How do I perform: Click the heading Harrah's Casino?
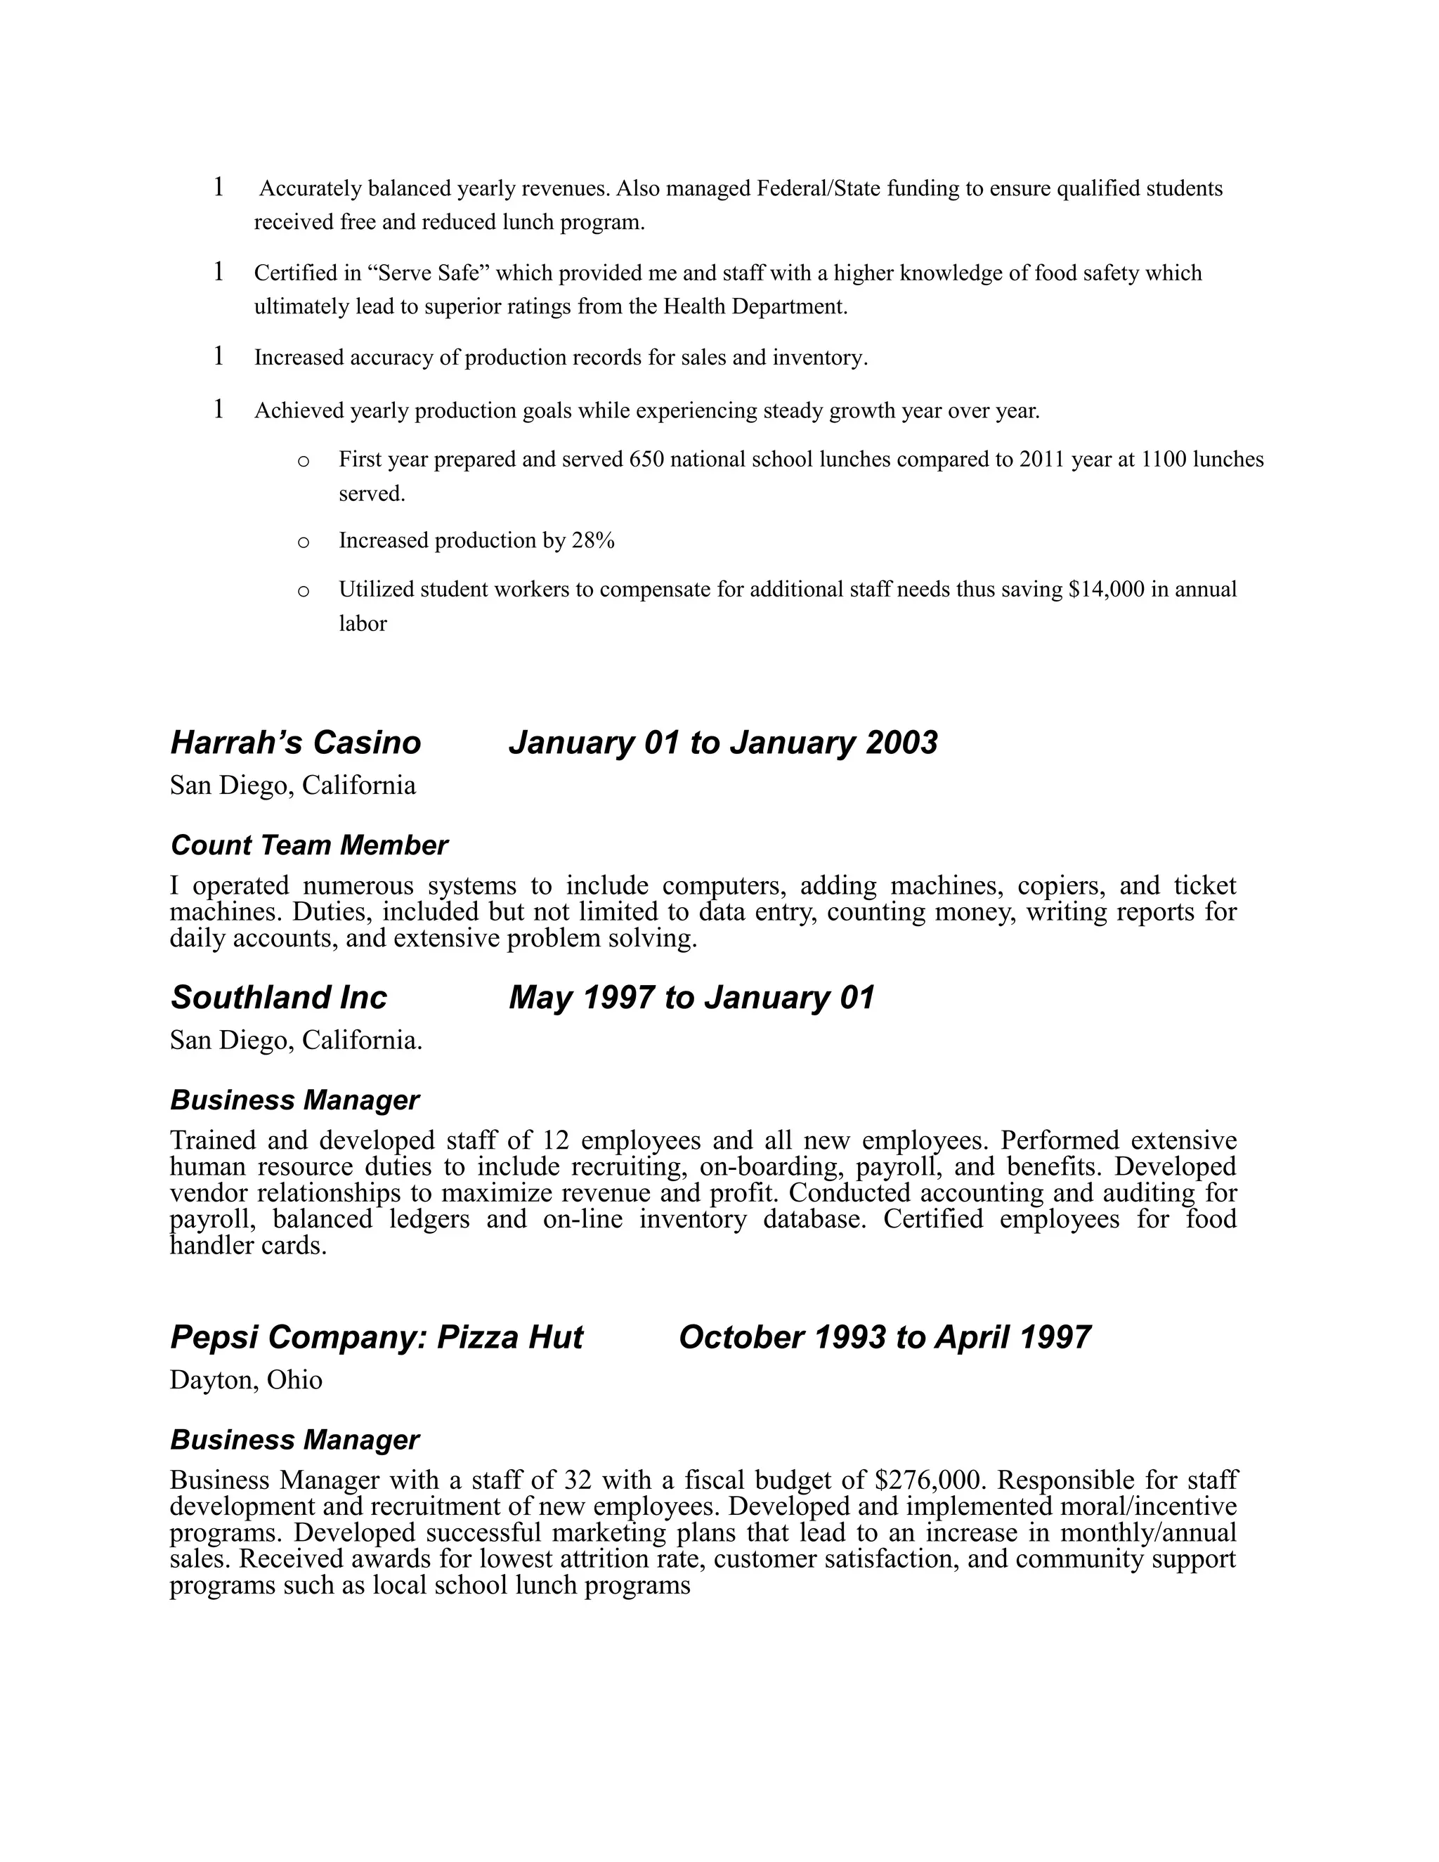tap(295, 743)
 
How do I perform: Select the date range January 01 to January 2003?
tap(723, 743)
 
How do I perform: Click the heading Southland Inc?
tap(279, 998)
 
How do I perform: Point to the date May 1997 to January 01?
tap(691, 998)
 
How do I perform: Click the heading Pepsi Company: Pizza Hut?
tap(376, 1337)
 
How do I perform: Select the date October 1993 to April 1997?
tap(884, 1337)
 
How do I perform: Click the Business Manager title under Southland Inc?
tap(294, 1100)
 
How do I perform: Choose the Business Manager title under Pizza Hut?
tap(294, 1439)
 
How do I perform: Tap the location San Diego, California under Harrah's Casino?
tap(292, 786)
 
